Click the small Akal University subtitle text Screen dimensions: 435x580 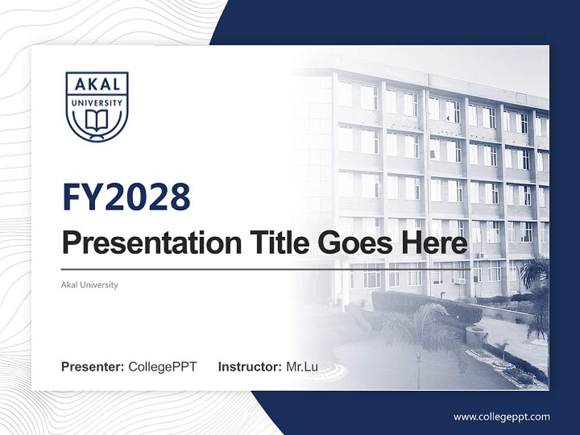click(x=89, y=285)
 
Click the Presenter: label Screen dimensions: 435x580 click(x=93, y=367)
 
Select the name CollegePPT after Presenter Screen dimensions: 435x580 click(x=163, y=367)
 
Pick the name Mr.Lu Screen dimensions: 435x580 click(x=302, y=367)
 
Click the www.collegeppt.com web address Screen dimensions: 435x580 click(x=501, y=417)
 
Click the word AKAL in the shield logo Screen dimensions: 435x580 click(x=97, y=85)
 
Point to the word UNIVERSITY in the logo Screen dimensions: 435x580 click(x=97, y=103)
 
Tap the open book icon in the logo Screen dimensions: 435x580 click(x=97, y=120)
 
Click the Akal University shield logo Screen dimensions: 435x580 click(x=97, y=106)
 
